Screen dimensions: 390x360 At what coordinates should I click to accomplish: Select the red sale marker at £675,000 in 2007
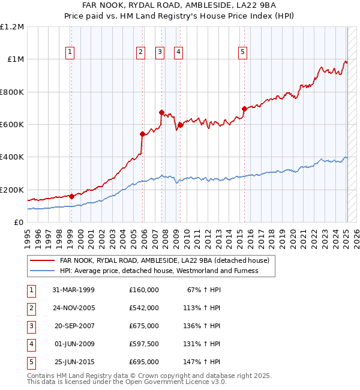(x=161, y=112)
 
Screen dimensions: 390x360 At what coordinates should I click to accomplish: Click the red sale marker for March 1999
(x=71, y=196)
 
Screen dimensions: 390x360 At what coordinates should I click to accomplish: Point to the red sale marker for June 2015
(x=244, y=109)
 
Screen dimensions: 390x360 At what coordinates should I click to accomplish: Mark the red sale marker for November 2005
(x=142, y=134)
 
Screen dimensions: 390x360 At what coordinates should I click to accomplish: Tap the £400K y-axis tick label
(x=13, y=157)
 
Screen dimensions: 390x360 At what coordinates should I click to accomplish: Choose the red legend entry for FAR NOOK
(x=164, y=260)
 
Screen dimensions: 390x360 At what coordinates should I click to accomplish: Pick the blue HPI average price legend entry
(x=159, y=271)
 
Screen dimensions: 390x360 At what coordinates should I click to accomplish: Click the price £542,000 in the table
(x=144, y=308)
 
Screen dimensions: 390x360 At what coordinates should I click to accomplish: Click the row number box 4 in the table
(x=30, y=344)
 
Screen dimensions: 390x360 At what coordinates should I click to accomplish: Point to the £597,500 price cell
(x=144, y=344)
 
